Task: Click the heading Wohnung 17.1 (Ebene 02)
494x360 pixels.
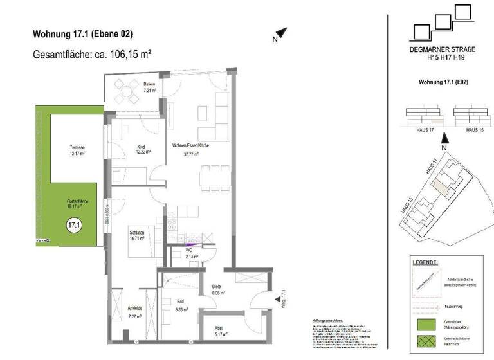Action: click(x=82, y=35)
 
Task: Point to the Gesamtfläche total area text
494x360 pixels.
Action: click(x=92, y=55)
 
